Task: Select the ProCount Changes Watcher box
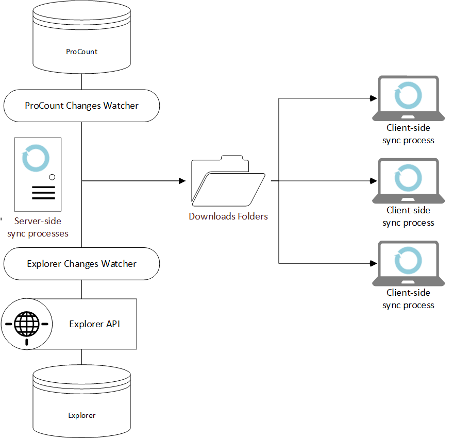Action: [82, 106]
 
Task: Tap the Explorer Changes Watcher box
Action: [82, 264]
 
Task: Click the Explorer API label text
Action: [95, 324]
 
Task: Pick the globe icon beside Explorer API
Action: [26, 324]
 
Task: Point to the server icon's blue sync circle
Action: [36, 159]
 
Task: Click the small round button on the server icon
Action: [52, 177]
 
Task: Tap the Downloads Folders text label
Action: [228, 216]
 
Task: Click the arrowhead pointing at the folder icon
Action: [182, 181]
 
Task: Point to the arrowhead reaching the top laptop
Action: [374, 98]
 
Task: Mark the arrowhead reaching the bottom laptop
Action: [374, 263]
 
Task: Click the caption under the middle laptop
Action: [408, 216]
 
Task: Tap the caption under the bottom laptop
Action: [408, 299]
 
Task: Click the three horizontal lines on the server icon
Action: [43, 192]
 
